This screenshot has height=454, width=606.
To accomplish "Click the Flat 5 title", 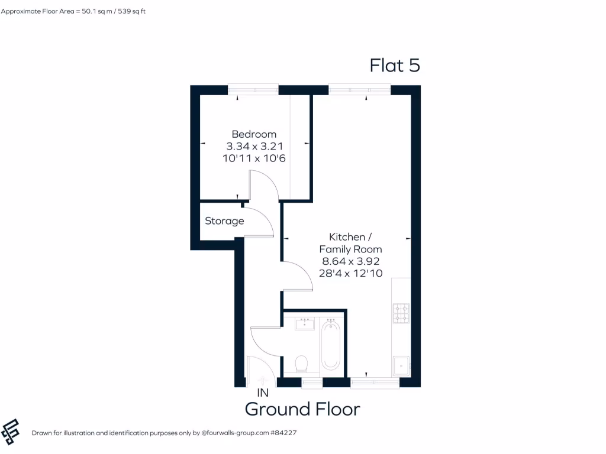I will [x=395, y=65].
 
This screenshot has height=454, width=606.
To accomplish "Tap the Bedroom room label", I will [x=254, y=134].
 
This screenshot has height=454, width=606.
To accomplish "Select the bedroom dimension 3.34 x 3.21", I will [x=254, y=146].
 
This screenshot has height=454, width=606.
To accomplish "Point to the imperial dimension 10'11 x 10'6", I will [x=254, y=158].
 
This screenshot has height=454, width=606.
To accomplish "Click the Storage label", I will [x=224, y=221].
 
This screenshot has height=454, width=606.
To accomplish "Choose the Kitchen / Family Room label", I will [x=350, y=243].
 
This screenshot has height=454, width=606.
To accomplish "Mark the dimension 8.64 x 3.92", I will [x=350, y=261].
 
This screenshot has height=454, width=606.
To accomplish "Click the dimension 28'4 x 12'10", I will [x=350, y=273].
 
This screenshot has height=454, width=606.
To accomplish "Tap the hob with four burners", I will [x=401, y=313].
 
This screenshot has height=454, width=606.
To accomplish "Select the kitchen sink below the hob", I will [x=401, y=366].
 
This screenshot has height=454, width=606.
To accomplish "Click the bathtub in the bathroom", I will [x=330, y=345].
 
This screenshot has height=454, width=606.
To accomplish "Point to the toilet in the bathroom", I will [x=301, y=364].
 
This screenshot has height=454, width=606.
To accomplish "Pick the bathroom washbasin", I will [x=305, y=323].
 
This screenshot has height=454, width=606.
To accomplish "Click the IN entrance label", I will [x=263, y=393].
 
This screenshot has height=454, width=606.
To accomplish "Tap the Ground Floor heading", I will [x=302, y=409].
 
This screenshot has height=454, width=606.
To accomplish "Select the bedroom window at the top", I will [x=253, y=89].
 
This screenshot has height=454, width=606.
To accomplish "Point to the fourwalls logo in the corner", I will [x=11, y=432].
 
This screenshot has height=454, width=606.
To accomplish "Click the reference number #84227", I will [x=283, y=433].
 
